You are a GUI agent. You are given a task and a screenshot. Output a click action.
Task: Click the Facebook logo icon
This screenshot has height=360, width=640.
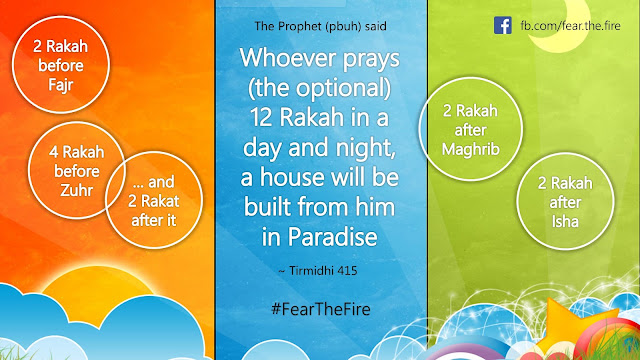[502, 25]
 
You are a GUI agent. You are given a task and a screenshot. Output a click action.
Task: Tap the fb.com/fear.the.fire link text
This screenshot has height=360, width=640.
[570, 26]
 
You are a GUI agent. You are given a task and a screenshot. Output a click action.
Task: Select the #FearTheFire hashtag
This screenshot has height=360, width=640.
[321, 309]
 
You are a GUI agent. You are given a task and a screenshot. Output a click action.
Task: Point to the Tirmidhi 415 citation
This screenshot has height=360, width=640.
[318, 271]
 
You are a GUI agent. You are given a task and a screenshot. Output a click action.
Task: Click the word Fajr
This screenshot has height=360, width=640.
[60, 85]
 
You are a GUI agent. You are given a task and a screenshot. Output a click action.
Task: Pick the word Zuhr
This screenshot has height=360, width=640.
[76, 190]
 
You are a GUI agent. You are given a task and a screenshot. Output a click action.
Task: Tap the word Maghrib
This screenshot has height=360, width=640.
[471, 149]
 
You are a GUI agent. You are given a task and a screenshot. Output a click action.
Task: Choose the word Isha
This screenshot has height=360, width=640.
[565, 222]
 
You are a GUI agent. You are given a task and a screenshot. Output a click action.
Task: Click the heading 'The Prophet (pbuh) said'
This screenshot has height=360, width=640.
[320, 27]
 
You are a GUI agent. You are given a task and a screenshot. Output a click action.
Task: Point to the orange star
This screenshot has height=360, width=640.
[571, 322]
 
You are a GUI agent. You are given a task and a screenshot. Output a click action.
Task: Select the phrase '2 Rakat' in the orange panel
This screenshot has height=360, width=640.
[153, 201]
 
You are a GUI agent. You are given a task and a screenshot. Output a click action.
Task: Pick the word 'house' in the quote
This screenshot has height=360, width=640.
[292, 177]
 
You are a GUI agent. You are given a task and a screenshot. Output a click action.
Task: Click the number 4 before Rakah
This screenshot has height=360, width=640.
[53, 153]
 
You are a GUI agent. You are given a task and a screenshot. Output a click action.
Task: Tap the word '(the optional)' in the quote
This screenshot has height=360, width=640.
[320, 89]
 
